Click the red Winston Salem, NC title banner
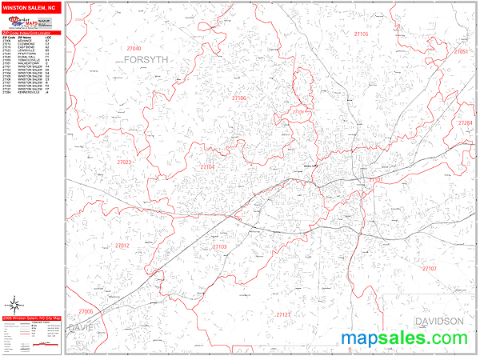click(30, 6)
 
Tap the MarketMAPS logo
click(30, 22)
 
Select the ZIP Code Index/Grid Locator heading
click(30, 33)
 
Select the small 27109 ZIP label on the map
click(301, 111)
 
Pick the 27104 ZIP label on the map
click(206, 166)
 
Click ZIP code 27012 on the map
click(121, 246)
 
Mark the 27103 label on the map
click(218, 247)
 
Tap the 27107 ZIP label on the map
click(430, 268)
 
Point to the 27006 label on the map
click(85, 311)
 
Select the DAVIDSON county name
click(438, 321)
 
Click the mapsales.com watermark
click(409, 339)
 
